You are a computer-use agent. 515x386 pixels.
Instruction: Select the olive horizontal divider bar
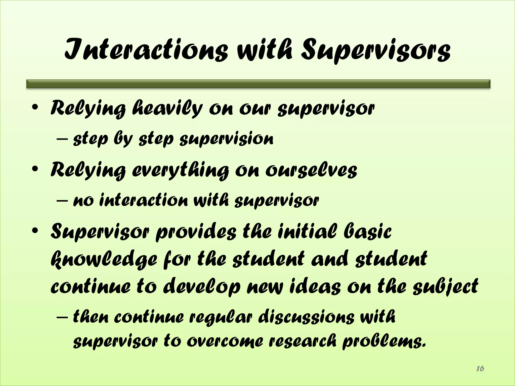[x=258, y=84]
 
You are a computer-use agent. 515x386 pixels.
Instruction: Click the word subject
[x=445, y=286]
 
